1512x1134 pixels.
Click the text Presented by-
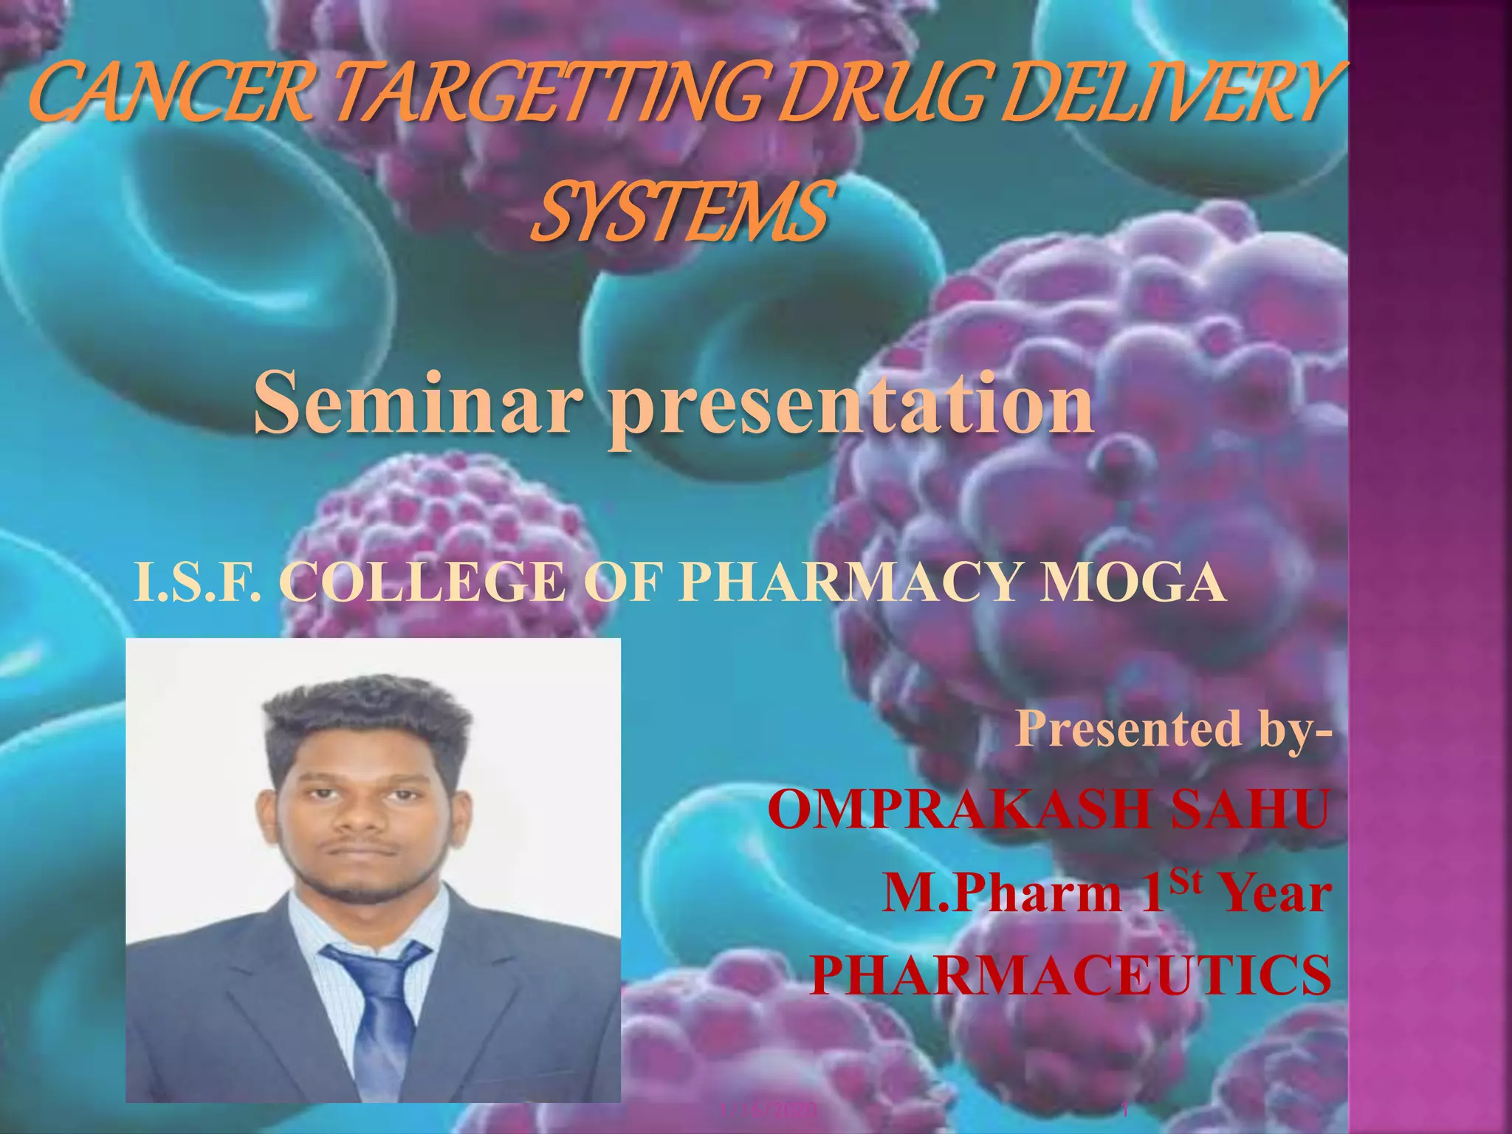[1174, 729]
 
